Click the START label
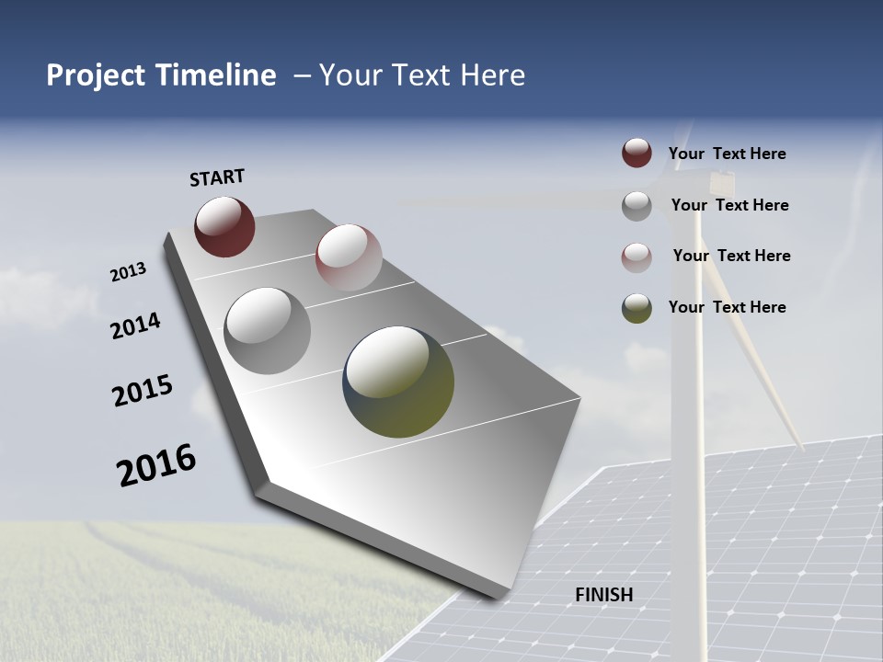click(217, 177)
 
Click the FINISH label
click(604, 595)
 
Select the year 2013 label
click(128, 272)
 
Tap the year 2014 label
click(135, 325)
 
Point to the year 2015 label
click(143, 391)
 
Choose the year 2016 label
click(156, 465)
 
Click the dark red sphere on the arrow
click(224, 226)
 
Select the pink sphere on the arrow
click(349, 257)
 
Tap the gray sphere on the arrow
click(268, 330)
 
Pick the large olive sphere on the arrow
click(398, 382)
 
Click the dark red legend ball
click(636, 154)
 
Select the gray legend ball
click(636, 206)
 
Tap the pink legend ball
click(636, 257)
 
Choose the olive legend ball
click(636, 308)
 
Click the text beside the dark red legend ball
click(727, 154)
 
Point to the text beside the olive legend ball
click(727, 307)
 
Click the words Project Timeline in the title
click(161, 75)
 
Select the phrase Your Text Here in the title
click(421, 75)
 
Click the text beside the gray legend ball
click(729, 205)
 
